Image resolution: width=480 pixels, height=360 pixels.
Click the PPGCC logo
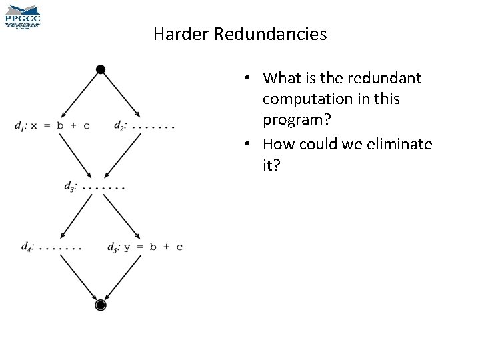click(x=23, y=15)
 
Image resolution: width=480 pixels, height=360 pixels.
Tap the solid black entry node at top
click(x=100, y=69)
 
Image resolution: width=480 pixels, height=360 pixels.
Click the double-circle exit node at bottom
click(x=100, y=305)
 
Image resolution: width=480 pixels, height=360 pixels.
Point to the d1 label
click(x=19, y=126)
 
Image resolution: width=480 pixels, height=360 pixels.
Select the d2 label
click(x=120, y=125)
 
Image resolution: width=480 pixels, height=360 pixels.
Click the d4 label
click(x=27, y=247)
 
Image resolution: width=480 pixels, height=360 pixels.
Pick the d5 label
click(x=114, y=247)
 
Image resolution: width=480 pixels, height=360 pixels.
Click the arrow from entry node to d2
click(x=121, y=94)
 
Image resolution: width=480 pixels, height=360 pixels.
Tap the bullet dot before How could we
click(x=248, y=144)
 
